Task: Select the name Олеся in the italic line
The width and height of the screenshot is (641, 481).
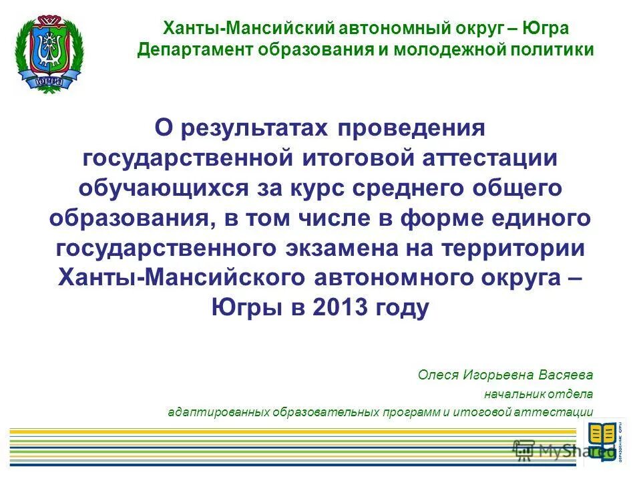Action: pos(436,374)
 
